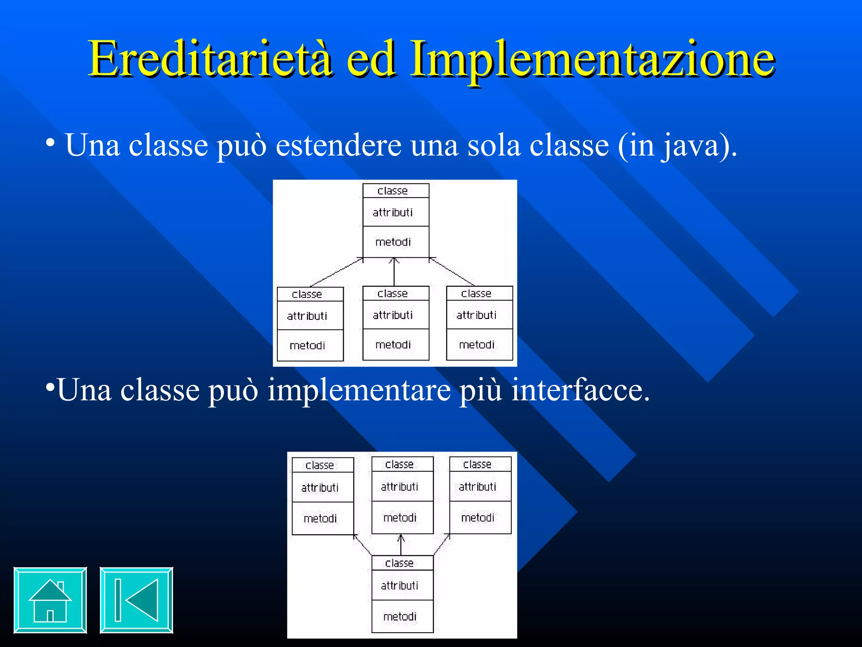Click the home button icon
pyautogui.click(x=50, y=600)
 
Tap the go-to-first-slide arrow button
pyautogui.click(x=136, y=600)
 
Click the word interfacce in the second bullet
pyautogui.click(x=580, y=390)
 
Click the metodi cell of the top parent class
pyautogui.click(x=393, y=242)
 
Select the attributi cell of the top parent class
pyautogui.click(x=393, y=212)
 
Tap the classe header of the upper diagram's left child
pyautogui.click(x=307, y=294)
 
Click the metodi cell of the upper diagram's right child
pyautogui.click(x=477, y=345)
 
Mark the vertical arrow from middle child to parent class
pyautogui.click(x=394, y=272)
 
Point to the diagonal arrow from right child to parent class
pyautogui.click(x=452, y=272)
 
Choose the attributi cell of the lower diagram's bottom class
pyautogui.click(x=400, y=586)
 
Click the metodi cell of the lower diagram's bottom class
pyautogui.click(x=400, y=617)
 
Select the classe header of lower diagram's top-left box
pyautogui.click(x=320, y=465)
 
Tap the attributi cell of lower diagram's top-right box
pyautogui.click(x=478, y=487)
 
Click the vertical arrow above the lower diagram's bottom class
pyautogui.click(x=401, y=545)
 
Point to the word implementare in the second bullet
pyautogui.click(x=359, y=390)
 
